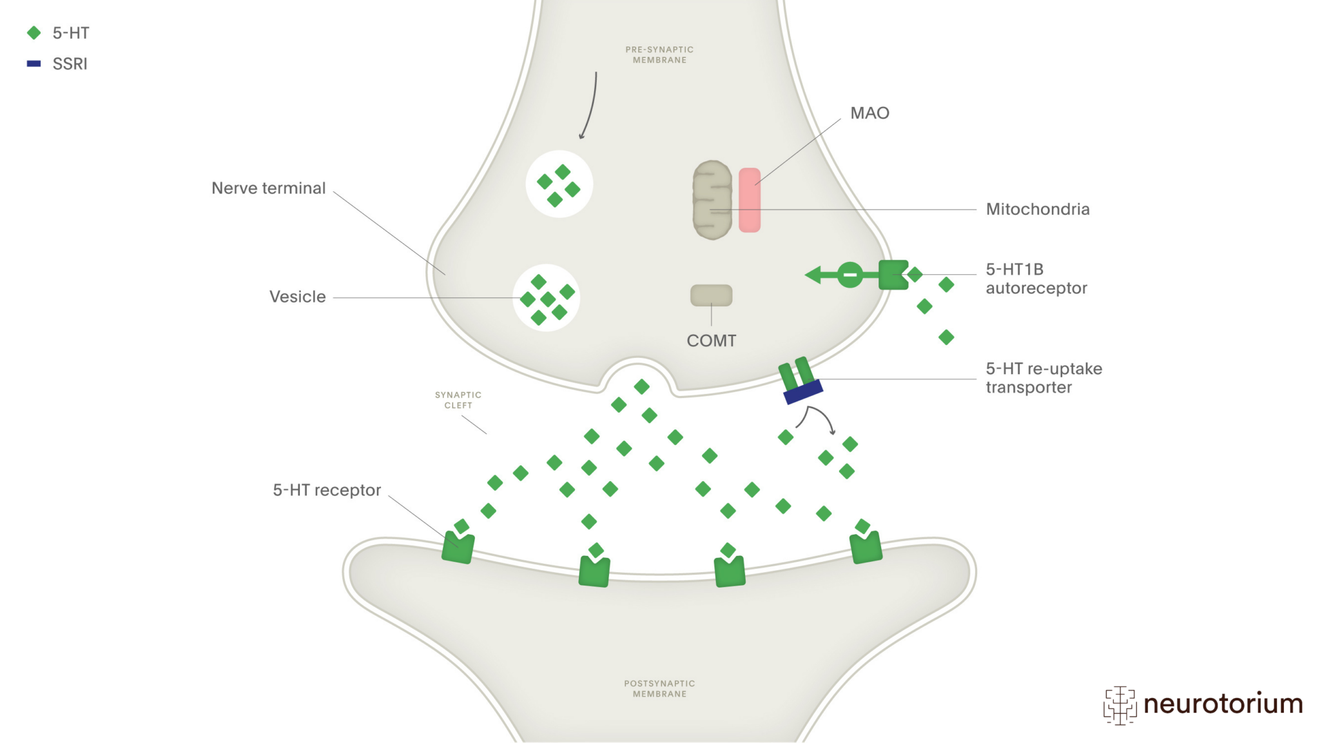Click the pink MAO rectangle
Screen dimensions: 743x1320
point(749,200)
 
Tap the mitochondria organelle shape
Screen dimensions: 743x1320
point(712,200)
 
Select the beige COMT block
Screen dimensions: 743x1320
point(711,295)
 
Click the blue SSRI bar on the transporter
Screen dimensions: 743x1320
point(803,391)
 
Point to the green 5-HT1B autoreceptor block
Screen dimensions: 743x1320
point(893,275)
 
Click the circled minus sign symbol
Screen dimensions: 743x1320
point(850,275)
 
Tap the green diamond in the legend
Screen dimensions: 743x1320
point(34,33)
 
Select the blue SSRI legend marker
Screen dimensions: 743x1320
point(34,64)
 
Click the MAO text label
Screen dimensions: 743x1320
point(869,114)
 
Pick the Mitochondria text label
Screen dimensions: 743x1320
point(1037,210)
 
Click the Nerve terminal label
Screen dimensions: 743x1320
point(269,188)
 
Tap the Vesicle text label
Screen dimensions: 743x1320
point(297,297)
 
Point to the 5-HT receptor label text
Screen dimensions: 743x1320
point(327,490)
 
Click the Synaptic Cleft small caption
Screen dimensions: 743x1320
point(458,400)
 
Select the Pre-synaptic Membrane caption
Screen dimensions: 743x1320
point(659,55)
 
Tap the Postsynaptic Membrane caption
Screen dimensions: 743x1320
point(659,689)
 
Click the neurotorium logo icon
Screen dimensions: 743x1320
point(1120,705)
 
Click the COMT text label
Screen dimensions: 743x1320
point(711,341)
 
